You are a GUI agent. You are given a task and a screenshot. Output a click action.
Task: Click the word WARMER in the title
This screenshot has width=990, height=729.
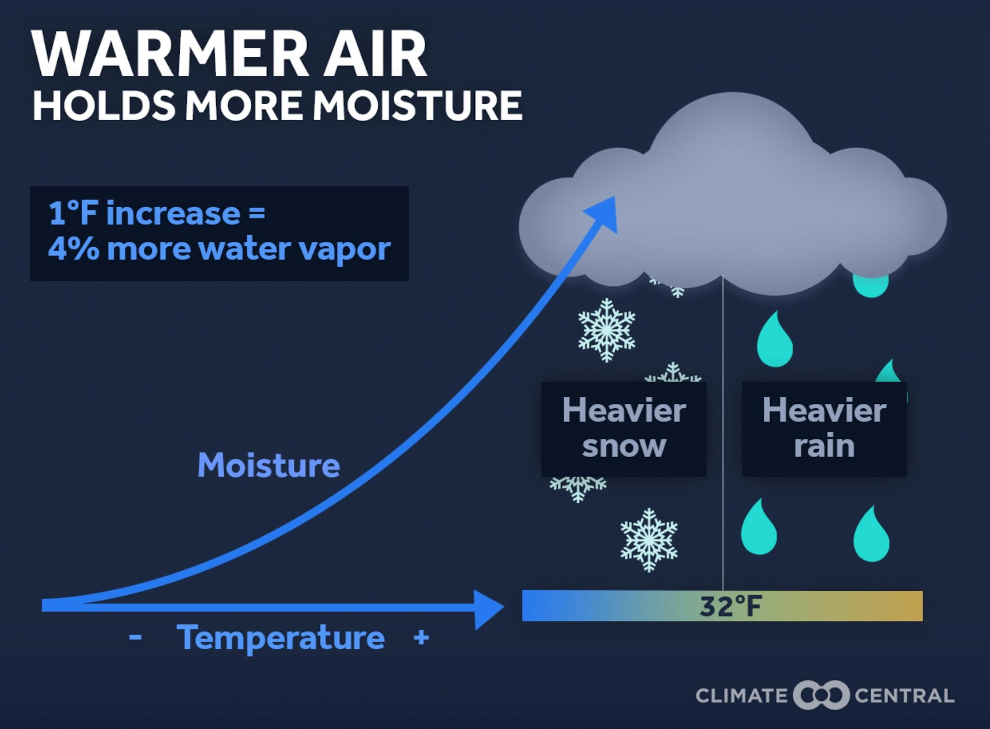coord(170,55)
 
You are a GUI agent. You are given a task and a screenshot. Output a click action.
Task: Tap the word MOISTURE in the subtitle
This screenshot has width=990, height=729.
coord(418,105)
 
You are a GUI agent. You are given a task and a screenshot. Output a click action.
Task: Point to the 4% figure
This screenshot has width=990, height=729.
coord(73,248)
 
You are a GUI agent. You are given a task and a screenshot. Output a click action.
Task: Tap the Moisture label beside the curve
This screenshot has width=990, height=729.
coord(269,465)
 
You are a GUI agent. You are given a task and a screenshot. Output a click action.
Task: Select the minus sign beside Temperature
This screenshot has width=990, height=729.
coord(135,637)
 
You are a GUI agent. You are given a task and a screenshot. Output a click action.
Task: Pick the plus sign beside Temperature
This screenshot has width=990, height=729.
coord(421,637)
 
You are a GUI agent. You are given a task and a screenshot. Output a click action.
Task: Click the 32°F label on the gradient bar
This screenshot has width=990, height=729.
coord(731,606)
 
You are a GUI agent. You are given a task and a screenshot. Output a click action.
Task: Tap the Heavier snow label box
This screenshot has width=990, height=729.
coord(624,429)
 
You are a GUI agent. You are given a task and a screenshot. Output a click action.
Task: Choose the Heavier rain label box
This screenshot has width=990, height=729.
coord(824,429)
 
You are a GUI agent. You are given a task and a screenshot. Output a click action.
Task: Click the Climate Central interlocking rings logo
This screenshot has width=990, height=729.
coord(821,695)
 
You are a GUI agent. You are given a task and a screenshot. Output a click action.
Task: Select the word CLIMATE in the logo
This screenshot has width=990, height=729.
coord(741,696)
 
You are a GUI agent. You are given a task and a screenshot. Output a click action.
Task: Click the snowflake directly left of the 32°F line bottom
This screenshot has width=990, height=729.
coord(649,540)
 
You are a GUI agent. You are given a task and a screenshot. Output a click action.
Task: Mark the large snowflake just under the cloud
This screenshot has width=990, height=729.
coord(606,330)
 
